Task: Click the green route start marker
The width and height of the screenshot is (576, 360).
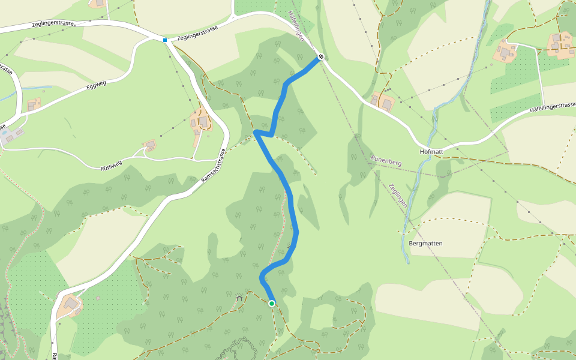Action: pos(271,304)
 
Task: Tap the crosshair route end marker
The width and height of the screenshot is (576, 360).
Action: pos(321,57)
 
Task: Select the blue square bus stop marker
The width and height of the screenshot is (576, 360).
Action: pos(164,40)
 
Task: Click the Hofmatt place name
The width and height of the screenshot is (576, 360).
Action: pos(431,152)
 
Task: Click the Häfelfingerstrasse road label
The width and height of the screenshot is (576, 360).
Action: pos(552,109)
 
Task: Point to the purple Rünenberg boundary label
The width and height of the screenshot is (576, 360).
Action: pos(385,160)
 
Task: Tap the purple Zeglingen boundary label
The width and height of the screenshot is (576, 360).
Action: pos(398,195)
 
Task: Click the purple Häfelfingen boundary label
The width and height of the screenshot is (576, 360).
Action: pos(296,26)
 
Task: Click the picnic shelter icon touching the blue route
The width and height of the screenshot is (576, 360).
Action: pos(292,245)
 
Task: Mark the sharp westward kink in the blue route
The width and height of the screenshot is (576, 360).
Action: pos(256,131)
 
